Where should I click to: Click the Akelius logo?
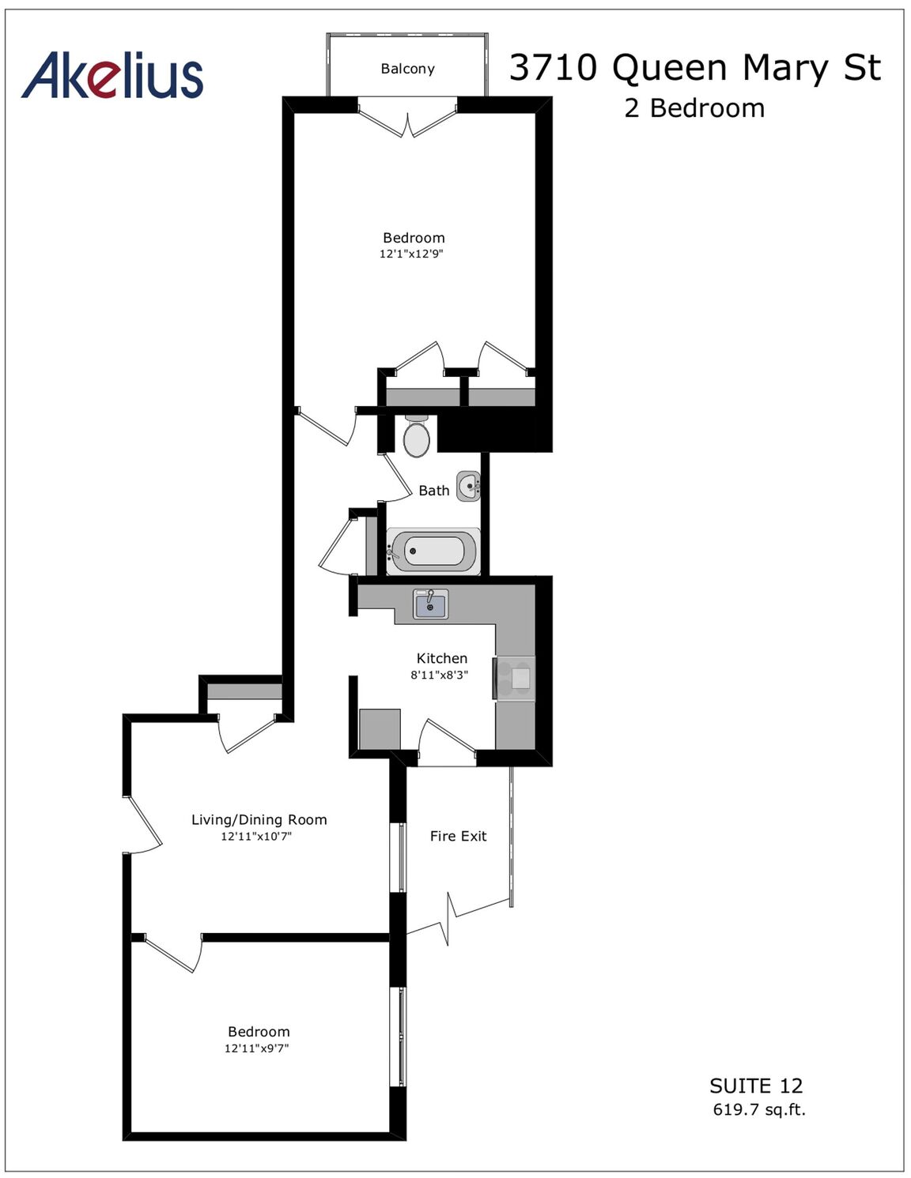112,75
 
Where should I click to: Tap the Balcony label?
407,69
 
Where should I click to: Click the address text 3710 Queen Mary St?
695,68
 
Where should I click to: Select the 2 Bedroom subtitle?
694,108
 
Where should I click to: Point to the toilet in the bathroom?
417,436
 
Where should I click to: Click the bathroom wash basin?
468,486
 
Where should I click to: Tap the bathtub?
433,551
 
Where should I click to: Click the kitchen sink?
431,604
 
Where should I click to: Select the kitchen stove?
514,678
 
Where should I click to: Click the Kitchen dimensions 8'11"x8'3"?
439,675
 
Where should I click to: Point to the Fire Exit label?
459,836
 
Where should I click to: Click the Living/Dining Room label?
259,819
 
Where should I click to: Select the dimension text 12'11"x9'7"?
257,1048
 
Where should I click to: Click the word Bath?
434,491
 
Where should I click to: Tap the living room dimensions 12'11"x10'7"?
256,836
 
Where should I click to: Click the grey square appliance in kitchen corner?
380,729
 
